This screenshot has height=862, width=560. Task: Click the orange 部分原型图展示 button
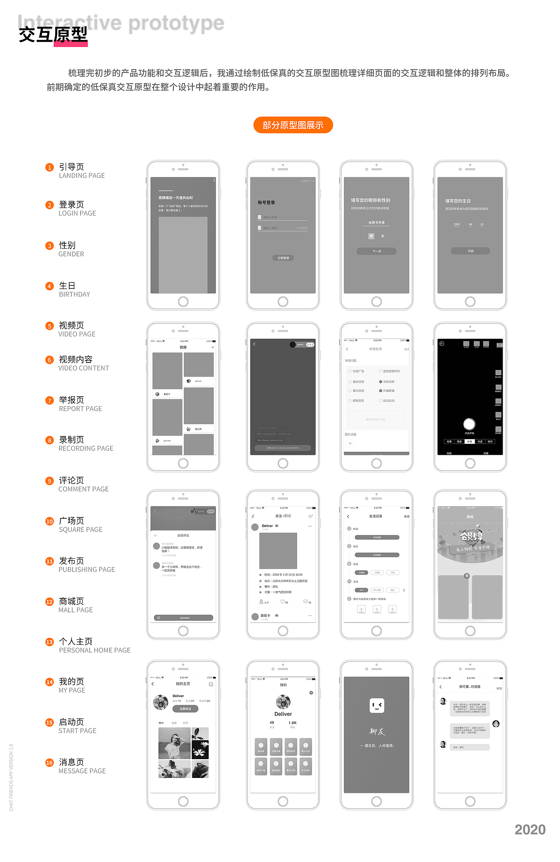point(293,125)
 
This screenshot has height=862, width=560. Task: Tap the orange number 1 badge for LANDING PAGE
point(49,167)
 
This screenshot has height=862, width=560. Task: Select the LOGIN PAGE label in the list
point(77,213)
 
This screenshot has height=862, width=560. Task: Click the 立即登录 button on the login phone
point(283,258)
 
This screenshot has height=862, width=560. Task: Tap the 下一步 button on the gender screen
point(376,251)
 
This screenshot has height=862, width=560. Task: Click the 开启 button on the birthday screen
point(470,251)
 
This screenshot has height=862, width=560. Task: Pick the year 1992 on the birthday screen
point(457,225)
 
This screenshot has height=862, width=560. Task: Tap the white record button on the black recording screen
point(469,424)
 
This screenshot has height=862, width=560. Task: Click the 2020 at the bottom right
point(530,830)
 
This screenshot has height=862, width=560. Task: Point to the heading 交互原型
point(53,35)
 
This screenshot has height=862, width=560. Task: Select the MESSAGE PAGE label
point(82,771)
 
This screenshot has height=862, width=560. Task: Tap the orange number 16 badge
point(49,763)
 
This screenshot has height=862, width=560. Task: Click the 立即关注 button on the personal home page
point(185,709)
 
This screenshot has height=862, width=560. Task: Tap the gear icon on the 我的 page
point(311,693)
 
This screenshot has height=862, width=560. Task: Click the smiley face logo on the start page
point(377,705)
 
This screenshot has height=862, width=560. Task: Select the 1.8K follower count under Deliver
point(292,723)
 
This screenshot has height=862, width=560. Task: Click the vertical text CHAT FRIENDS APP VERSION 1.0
point(11,778)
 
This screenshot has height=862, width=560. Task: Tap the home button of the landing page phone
point(183,301)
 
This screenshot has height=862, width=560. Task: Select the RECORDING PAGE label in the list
point(86,448)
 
